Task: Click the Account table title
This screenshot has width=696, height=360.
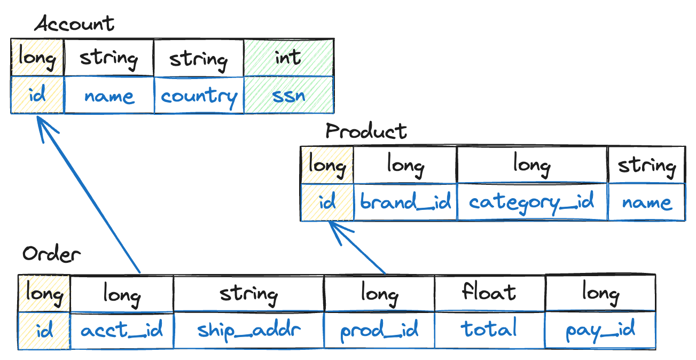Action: tap(74, 25)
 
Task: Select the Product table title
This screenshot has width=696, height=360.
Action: tap(366, 131)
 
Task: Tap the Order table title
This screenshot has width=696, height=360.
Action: tap(51, 254)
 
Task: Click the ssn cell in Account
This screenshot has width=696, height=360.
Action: tap(288, 96)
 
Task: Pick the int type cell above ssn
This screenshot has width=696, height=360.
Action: tap(288, 57)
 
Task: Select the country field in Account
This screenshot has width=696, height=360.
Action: tap(199, 96)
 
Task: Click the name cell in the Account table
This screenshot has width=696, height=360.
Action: tap(109, 96)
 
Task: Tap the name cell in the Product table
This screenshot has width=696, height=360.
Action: tap(646, 202)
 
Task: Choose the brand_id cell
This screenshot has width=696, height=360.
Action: tap(405, 202)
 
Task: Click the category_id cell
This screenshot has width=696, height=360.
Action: tap(532, 202)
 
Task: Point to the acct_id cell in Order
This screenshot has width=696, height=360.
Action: tap(122, 330)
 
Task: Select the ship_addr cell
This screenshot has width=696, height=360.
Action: tap(248, 330)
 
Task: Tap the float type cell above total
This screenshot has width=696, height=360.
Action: tap(489, 293)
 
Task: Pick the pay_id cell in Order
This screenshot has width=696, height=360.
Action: tap(600, 330)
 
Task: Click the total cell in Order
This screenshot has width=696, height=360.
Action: tap(489, 330)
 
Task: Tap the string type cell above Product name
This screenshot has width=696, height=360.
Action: tap(646, 166)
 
